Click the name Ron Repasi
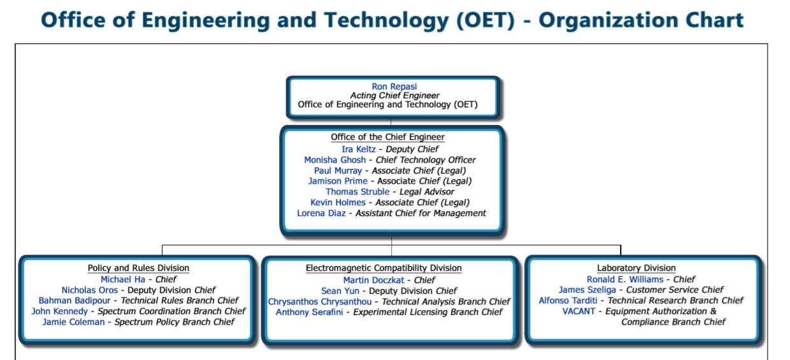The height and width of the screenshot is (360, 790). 394,87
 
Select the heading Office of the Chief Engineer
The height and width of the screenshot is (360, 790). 387,137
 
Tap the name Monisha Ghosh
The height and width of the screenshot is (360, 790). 334,160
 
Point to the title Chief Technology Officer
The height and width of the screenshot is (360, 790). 426,160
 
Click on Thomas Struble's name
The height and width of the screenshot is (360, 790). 357,192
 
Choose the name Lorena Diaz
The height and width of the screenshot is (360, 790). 321,213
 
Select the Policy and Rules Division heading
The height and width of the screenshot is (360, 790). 138,268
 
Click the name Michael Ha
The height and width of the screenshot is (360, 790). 123,280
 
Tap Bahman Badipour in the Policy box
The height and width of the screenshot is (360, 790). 75,300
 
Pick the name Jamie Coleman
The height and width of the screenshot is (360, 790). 73,322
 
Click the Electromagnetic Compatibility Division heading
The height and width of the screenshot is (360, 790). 384,268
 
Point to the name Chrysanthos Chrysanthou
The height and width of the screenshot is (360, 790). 320,302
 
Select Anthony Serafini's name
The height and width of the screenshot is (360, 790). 309,312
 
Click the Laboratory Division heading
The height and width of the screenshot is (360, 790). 636,268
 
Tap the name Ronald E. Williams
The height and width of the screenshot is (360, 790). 625,280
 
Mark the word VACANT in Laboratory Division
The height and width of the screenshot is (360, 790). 578,312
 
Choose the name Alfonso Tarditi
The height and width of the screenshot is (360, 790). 568,300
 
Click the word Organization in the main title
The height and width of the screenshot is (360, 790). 608,20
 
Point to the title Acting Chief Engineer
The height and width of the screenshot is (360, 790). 394,96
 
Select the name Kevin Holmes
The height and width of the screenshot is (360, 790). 338,203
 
